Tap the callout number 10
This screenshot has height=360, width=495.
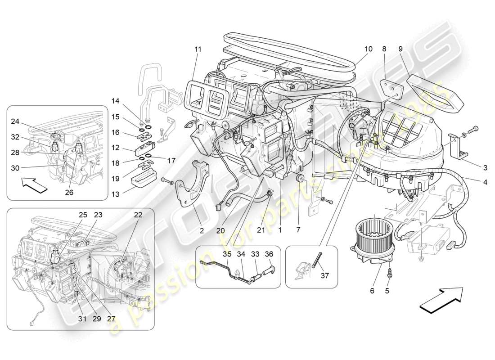368,48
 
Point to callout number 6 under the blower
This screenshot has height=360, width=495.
372,291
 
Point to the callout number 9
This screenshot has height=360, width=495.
400,48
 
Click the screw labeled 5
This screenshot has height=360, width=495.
390,274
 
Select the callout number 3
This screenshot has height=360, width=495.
485,168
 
